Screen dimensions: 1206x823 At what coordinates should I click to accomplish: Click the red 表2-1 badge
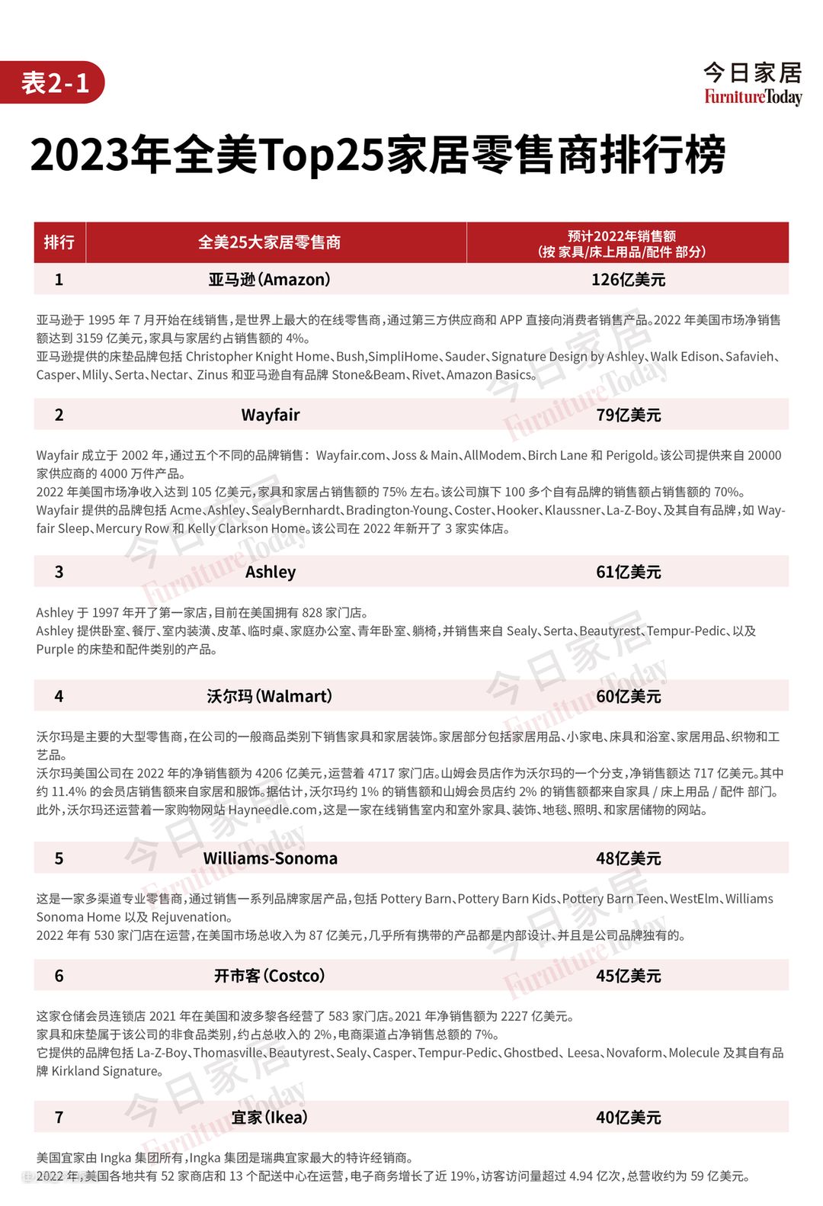pos(54,82)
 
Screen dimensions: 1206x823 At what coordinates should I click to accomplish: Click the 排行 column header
pos(59,242)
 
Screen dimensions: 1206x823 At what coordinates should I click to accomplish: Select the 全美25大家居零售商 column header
pos(269,242)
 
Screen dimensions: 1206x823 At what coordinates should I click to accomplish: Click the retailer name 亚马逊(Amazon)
pos(269,280)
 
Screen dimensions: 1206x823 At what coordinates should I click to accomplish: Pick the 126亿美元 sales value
pos(628,280)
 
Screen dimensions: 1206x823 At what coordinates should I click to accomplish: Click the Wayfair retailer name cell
pos(270,415)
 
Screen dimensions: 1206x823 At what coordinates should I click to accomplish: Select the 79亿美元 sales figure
pos(628,415)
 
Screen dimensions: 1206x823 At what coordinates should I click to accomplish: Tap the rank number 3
pos(59,572)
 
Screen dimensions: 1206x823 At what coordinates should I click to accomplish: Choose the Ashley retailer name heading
pos(270,572)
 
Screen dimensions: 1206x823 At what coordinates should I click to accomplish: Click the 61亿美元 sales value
pos(628,572)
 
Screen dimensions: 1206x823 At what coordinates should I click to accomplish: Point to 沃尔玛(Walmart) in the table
pos(269,696)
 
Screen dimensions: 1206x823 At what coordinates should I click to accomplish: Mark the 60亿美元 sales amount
pos(628,696)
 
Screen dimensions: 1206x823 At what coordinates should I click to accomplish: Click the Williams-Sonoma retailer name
pos(270,858)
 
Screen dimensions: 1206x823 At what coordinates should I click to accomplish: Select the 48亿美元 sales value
pos(628,858)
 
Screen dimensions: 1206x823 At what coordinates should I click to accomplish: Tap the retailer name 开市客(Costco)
pos(269,976)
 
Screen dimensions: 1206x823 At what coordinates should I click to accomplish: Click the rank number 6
pos(59,976)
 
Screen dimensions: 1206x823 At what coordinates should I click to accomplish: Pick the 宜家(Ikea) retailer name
pos(269,1118)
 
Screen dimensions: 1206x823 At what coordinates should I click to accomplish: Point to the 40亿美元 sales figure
pos(628,1118)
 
